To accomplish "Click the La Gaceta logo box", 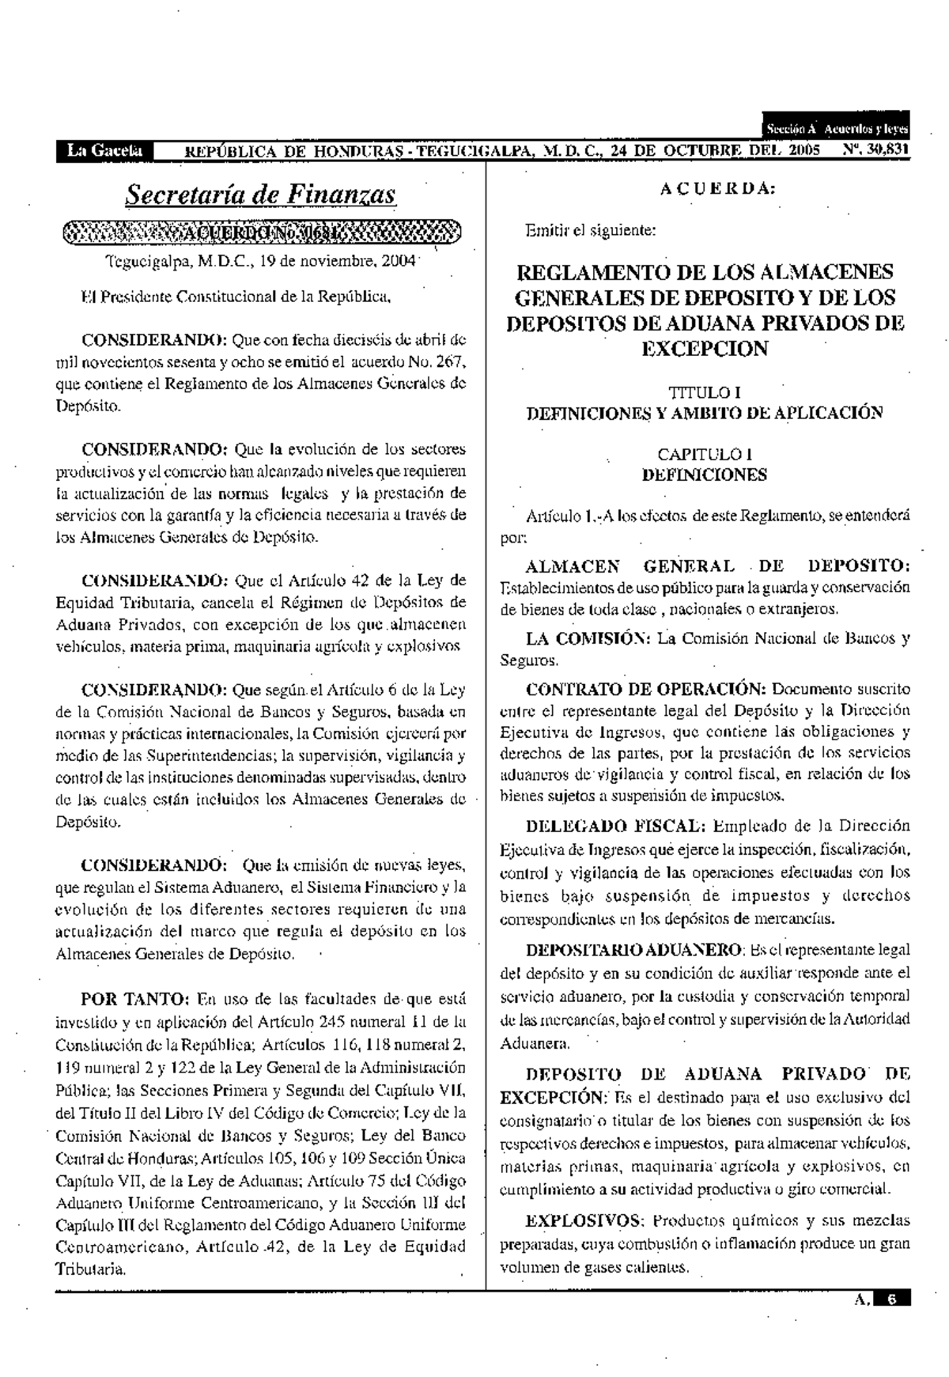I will point(104,150).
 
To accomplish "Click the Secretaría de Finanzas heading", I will point(261,195).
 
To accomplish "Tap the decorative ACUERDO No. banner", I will point(261,233).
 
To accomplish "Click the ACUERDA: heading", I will point(717,189).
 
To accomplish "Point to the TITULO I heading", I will point(705,392).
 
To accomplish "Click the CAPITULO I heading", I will point(705,454).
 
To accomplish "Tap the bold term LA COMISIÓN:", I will point(588,638).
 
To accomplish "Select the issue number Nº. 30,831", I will point(875,150).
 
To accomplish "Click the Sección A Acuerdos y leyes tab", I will point(837,127).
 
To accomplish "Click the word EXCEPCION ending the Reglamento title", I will point(705,349).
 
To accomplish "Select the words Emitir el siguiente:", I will point(590,231).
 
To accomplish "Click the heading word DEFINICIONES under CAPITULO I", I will point(705,475).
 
